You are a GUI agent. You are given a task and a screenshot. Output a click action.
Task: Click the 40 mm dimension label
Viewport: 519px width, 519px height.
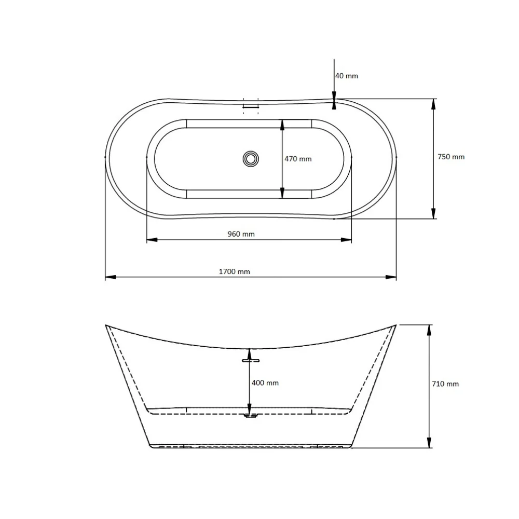pyautogui.click(x=347, y=76)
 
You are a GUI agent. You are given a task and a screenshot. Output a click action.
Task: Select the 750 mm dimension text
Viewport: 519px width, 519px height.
pyautogui.click(x=451, y=157)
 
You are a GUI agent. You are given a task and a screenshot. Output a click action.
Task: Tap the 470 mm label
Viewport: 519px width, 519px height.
pyautogui.click(x=298, y=159)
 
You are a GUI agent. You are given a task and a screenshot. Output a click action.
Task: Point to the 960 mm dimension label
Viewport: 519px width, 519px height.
pyautogui.click(x=241, y=234)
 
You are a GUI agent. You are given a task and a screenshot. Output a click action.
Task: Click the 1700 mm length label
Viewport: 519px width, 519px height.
pyautogui.click(x=235, y=271)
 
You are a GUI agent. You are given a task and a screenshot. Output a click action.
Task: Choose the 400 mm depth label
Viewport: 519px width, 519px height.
pyautogui.click(x=265, y=383)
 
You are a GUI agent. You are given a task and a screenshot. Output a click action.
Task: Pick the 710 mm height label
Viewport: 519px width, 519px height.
pyautogui.click(x=445, y=384)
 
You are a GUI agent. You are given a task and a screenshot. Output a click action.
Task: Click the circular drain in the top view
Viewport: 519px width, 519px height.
pyautogui.click(x=251, y=159)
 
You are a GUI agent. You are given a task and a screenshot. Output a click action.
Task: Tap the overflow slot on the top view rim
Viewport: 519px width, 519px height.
pyautogui.click(x=251, y=106)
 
